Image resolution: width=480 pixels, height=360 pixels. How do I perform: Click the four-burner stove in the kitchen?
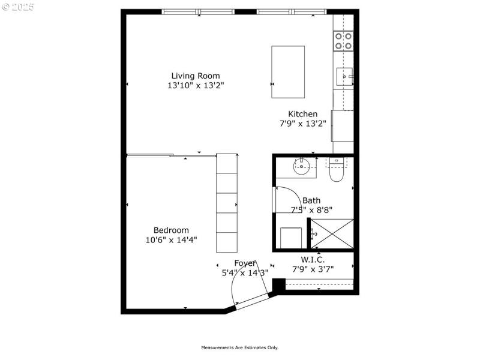pyautogui.click(x=343, y=41)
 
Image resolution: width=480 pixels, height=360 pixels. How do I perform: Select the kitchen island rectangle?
pyautogui.click(x=288, y=71)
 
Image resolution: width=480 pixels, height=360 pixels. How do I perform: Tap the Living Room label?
pyautogui.click(x=196, y=76)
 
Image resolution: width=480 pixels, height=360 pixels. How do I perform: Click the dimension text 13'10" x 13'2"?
pyautogui.click(x=196, y=86)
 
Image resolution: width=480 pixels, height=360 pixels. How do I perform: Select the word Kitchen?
pyautogui.click(x=302, y=114)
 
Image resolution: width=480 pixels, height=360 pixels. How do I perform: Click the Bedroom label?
pyautogui.click(x=171, y=230)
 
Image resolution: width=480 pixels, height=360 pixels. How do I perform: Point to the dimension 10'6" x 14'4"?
pyautogui.click(x=171, y=240)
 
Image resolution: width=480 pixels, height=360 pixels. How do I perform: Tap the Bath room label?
pyautogui.click(x=311, y=200)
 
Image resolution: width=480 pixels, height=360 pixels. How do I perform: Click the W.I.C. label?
pyautogui.click(x=313, y=259)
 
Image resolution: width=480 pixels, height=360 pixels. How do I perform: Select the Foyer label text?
pyautogui.click(x=245, y=263)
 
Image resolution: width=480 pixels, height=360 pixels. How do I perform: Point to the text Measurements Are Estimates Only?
pyautogui.click(x=239, y=347)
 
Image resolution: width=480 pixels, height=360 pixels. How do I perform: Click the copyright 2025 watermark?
pyautogui.click(x=18, y=8)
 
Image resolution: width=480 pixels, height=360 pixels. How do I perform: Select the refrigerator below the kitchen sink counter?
pyautogui.click(x=343, y=125)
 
